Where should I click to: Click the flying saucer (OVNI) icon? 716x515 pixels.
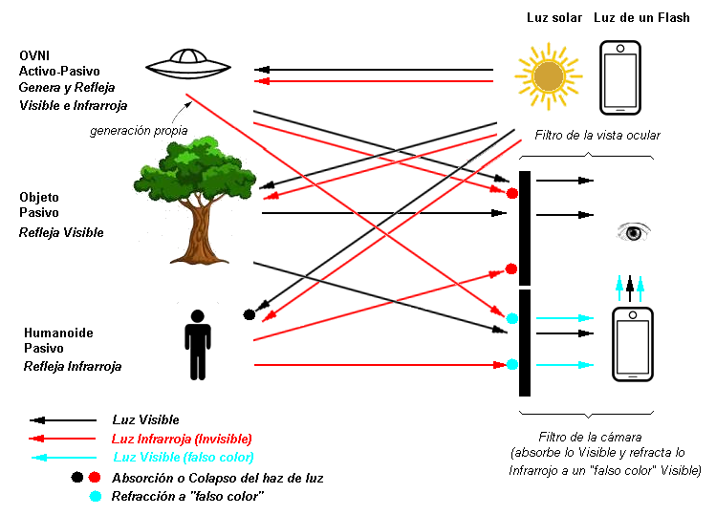click(x=189, y=65)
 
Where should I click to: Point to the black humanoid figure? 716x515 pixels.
click(x=198, y=343)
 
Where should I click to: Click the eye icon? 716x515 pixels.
click(x=633, y=232)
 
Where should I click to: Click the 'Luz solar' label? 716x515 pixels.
click(x=554, y=18)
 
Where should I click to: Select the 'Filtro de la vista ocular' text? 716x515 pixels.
click(x=597, y=136)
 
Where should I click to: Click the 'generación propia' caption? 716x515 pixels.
click(x=139, y=131)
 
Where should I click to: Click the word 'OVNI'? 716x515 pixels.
click(x=35, y=54)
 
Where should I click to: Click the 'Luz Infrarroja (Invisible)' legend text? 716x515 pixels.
click(x=182, y=439)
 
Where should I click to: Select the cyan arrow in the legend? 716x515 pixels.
click(x=64, y=458)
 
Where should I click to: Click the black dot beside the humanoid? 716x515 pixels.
click(x=250, y=313)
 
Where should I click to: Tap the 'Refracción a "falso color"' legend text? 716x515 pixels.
click(x=187, y=496)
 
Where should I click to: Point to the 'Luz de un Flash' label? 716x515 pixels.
click(x=641, y=18)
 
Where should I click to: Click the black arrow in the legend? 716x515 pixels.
click(x=64, y=419)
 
